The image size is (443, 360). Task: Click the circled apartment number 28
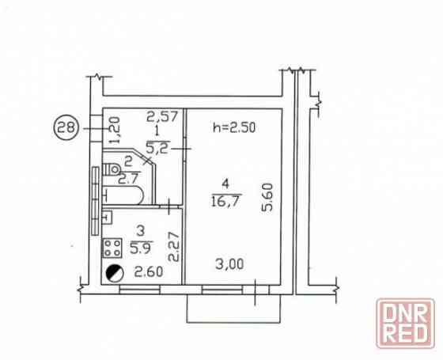pyautogui.click(x=65, y=127)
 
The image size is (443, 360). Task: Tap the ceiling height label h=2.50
pyautogui.click(x=234, y=127)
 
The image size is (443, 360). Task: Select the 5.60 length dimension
pyautogui.click(x=267, y=198)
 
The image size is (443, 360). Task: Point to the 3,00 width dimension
pyautogui.click(x=229, y=264)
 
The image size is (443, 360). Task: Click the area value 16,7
pyautogui.click(x=225, y=202)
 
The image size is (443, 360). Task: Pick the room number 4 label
pyautogui.click(x=225, y=184)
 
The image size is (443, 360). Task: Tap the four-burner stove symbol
pyautogui.click(x=112, y=248)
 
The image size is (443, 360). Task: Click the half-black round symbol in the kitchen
pyautogui.click(x=115, y=273)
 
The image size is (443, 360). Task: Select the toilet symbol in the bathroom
pyautogui.click(x=112, y=169)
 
